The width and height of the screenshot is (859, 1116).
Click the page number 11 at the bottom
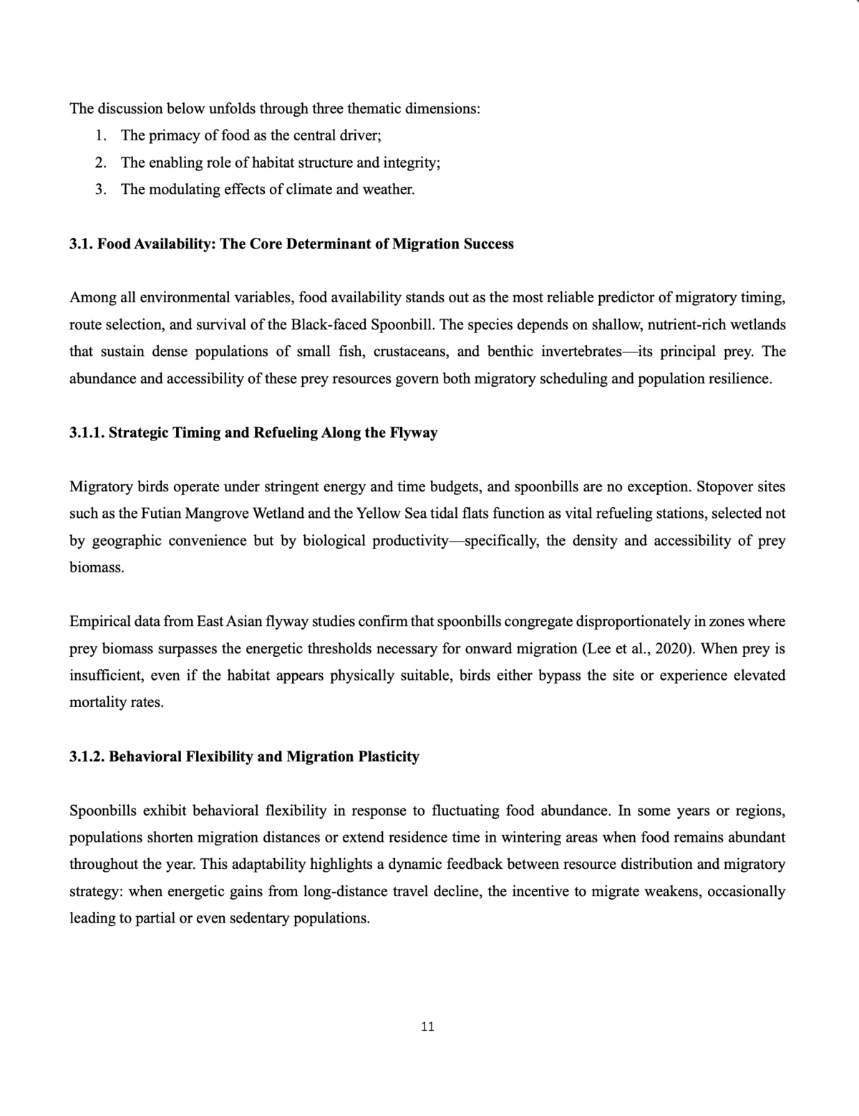(x=427, y=1026)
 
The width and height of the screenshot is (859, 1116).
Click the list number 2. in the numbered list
(x=101, y=163)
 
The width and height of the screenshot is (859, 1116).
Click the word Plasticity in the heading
(x=389, y=756)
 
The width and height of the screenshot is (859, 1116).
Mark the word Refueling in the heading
(x=286, y=433)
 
